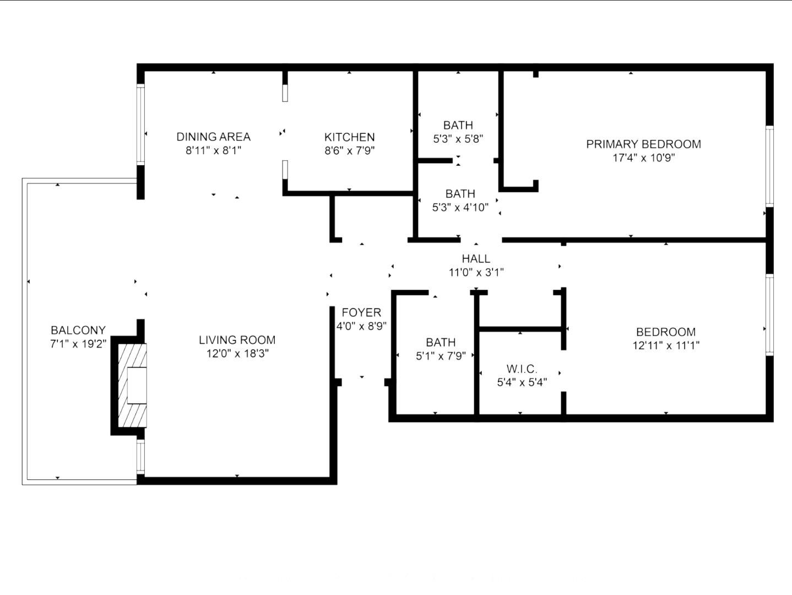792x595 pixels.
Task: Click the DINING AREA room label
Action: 213,137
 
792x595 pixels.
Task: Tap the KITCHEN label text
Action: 349,137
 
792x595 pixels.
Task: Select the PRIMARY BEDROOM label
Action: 643,144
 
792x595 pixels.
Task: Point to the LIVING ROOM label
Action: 237,340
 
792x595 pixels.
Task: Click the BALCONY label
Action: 78,330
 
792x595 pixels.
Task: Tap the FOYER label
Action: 361,312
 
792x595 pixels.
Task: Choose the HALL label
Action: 476,258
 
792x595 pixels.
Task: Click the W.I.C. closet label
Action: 522,369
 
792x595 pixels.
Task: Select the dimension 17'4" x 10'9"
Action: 643,158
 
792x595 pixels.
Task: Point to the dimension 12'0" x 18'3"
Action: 237,354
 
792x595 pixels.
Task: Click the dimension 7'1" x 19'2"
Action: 78,344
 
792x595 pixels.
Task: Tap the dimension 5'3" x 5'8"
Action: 458,139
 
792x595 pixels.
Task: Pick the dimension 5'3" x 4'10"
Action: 460,208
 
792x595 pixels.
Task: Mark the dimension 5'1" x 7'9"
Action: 441,356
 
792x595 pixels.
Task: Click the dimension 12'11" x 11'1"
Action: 666,345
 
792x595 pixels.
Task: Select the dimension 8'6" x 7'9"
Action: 349,150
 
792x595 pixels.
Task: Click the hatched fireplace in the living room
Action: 133,385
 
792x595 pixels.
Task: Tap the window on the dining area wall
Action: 140,125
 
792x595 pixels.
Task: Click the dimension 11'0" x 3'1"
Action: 476,272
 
